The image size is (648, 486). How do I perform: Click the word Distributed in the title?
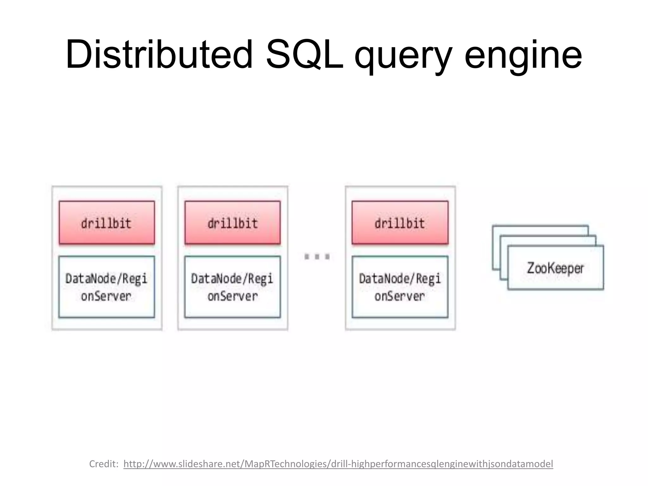(159, 54)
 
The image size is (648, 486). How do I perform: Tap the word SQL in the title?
(304, 54)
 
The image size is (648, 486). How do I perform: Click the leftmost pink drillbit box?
(107, 223)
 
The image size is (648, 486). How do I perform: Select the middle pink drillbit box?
(233, 223)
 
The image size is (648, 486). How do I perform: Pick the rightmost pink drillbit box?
(400, 223)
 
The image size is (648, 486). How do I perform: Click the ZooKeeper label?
(555, 268)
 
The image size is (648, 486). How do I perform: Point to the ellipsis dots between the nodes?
(317, 256)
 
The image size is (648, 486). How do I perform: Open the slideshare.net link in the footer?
(338, 464)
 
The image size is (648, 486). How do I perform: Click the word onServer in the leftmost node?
(106, 296)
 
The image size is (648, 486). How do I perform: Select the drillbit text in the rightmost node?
(400, 223)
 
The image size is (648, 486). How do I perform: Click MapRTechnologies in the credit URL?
(287, 464)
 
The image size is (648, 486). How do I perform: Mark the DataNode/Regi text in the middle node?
(232, 279)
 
